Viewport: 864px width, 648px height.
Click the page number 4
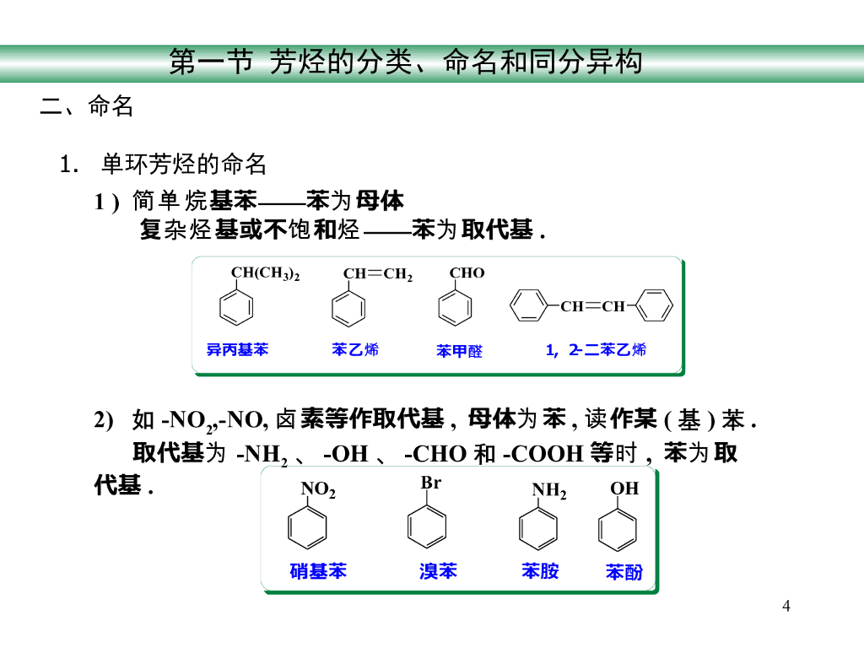click(786, 606)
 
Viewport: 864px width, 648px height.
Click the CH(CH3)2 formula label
click(265, 273)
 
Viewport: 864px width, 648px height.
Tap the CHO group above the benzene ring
click(467, 273)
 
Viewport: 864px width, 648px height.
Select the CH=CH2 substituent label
click(377, 274)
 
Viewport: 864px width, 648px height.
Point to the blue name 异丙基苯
click(237, 349)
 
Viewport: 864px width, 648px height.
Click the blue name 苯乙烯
click(355, 349)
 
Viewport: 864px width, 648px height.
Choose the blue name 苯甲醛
click(459, 351)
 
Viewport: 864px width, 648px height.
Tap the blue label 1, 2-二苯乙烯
click(596, 349)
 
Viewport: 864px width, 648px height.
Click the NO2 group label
click(318, 489)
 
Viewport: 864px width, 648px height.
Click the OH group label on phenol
click(624, 489)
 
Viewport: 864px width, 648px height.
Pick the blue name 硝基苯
click(318, 571)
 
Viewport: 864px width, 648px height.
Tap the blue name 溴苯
click(438, 571)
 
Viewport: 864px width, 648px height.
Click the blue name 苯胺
click(540, 571)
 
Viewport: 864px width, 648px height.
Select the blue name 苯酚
click(624, 572)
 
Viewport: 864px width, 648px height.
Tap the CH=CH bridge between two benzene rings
click(592, 306)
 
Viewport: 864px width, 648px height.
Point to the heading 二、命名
click(87, 107)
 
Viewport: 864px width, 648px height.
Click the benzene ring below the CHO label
click(455, 307)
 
